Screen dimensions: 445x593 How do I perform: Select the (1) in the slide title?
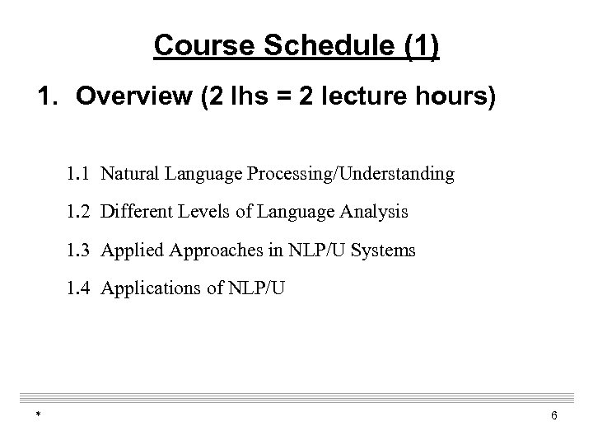[419, 47]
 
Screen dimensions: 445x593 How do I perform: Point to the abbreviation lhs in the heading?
[252, 99]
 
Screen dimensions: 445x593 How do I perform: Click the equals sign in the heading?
[288, 100]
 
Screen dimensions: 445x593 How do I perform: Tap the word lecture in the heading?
[370, 99]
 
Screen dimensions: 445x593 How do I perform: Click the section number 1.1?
[81, 174]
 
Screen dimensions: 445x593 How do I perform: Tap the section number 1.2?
[81, 212]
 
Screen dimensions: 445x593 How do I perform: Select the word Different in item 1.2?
[134, 212]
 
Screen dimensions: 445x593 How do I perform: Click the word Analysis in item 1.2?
[376, 213]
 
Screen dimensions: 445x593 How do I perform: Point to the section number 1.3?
[81, 250]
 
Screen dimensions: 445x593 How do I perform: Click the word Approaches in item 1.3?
[204, 251]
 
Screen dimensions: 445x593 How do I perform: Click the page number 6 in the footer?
[554, 415]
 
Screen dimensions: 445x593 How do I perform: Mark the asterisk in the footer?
[39, 415]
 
